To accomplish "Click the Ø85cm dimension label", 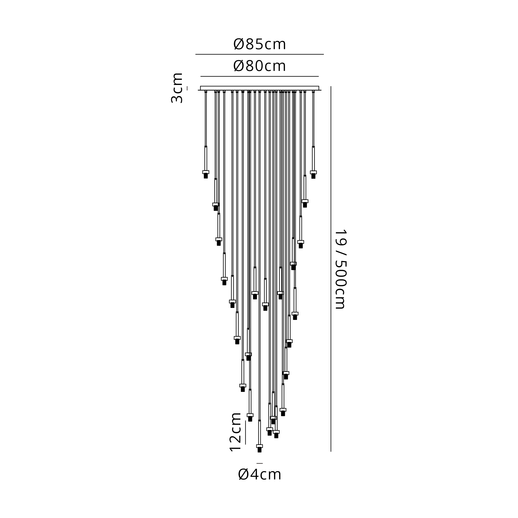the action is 260,44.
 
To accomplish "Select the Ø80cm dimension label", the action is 260,66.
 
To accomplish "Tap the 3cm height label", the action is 177,88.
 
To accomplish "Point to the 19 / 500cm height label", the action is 341,269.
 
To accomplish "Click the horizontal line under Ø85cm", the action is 260,54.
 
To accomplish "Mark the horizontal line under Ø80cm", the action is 260,76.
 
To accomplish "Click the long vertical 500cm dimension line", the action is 331,269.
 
